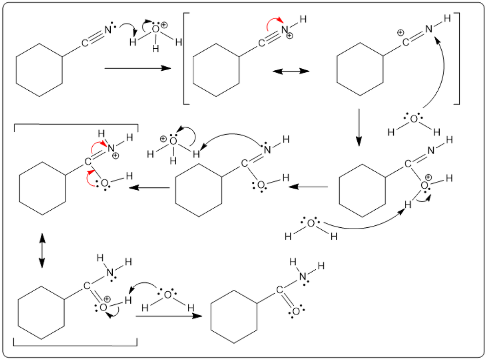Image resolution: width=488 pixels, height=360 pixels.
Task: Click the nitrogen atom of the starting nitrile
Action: [108, 30]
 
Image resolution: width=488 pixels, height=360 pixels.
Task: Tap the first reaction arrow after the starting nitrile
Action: [137, 69]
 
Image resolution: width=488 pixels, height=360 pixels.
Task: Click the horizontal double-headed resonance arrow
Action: [291, 71]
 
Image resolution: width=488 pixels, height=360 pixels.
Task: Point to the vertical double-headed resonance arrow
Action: [42, 250]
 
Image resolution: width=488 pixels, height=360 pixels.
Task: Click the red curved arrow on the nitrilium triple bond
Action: [275, 23]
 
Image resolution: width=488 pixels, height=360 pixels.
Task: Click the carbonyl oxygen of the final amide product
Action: [296, 310]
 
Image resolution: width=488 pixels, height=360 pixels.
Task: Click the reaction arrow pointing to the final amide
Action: [168, 316]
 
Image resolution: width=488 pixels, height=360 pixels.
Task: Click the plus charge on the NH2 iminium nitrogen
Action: [116, 156]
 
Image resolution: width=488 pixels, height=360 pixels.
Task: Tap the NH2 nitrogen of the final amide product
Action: [303, 277]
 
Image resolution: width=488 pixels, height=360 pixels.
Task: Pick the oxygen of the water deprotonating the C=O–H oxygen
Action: [167, 294]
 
